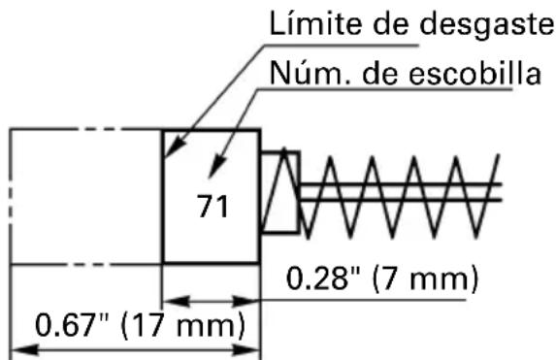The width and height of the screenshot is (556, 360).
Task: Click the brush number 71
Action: pos(211,207)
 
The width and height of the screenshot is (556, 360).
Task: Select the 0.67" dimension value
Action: pos(70,322)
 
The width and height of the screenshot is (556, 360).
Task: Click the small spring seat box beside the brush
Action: pos(280,191)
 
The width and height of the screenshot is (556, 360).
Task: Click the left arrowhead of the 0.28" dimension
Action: pos(171,299)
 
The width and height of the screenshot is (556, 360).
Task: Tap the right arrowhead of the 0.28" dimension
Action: pos(250,299)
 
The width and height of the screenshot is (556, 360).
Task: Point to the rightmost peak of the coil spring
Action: pos(497,155)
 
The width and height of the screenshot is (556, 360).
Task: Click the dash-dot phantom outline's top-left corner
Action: pos(11,129)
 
